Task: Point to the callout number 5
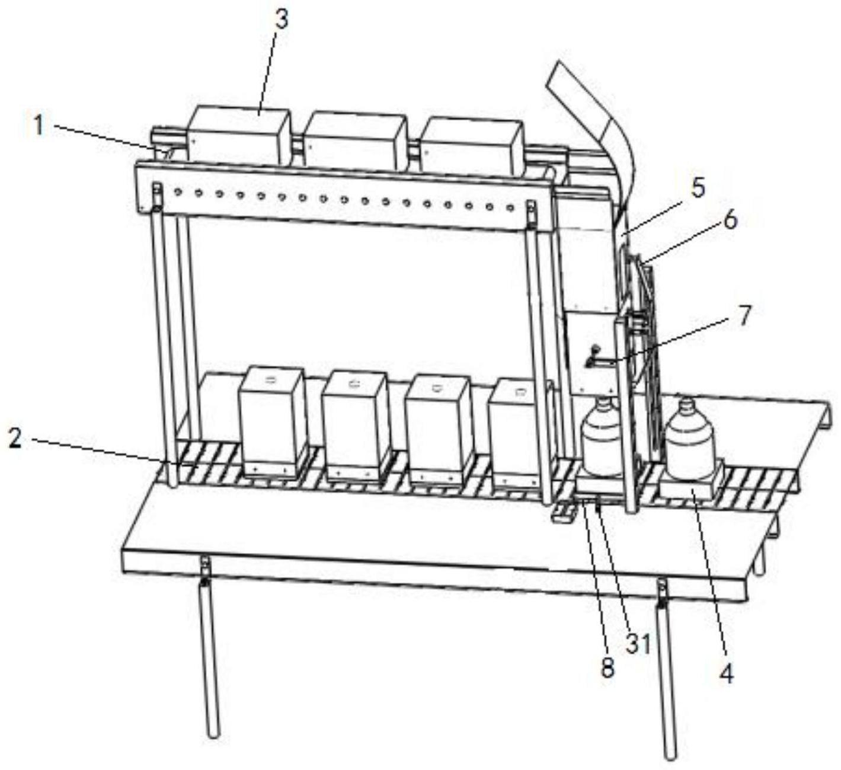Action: point(698,190)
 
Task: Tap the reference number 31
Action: point(638,643)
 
